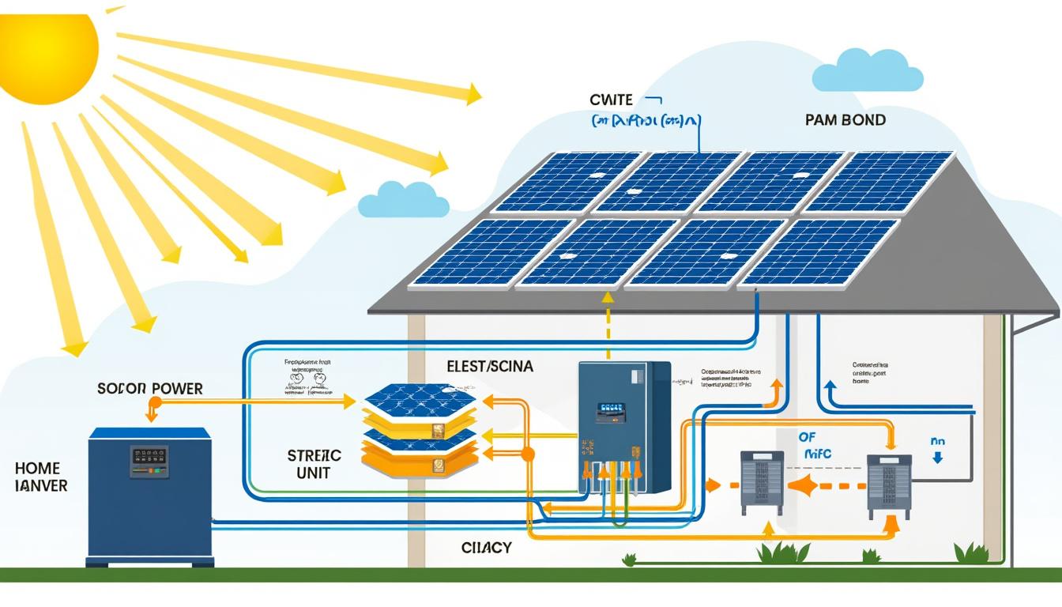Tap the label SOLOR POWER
coord(150,388)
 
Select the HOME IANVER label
coord(42,477)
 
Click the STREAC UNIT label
coord(314,464)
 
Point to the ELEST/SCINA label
coord(490,367)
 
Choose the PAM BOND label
coord(845,121)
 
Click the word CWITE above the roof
coord(611,100)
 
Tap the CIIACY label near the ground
coord(486,547)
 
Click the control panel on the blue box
coord(149,460)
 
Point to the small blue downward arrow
coord(937,458)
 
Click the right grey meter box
coord(889,485)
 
